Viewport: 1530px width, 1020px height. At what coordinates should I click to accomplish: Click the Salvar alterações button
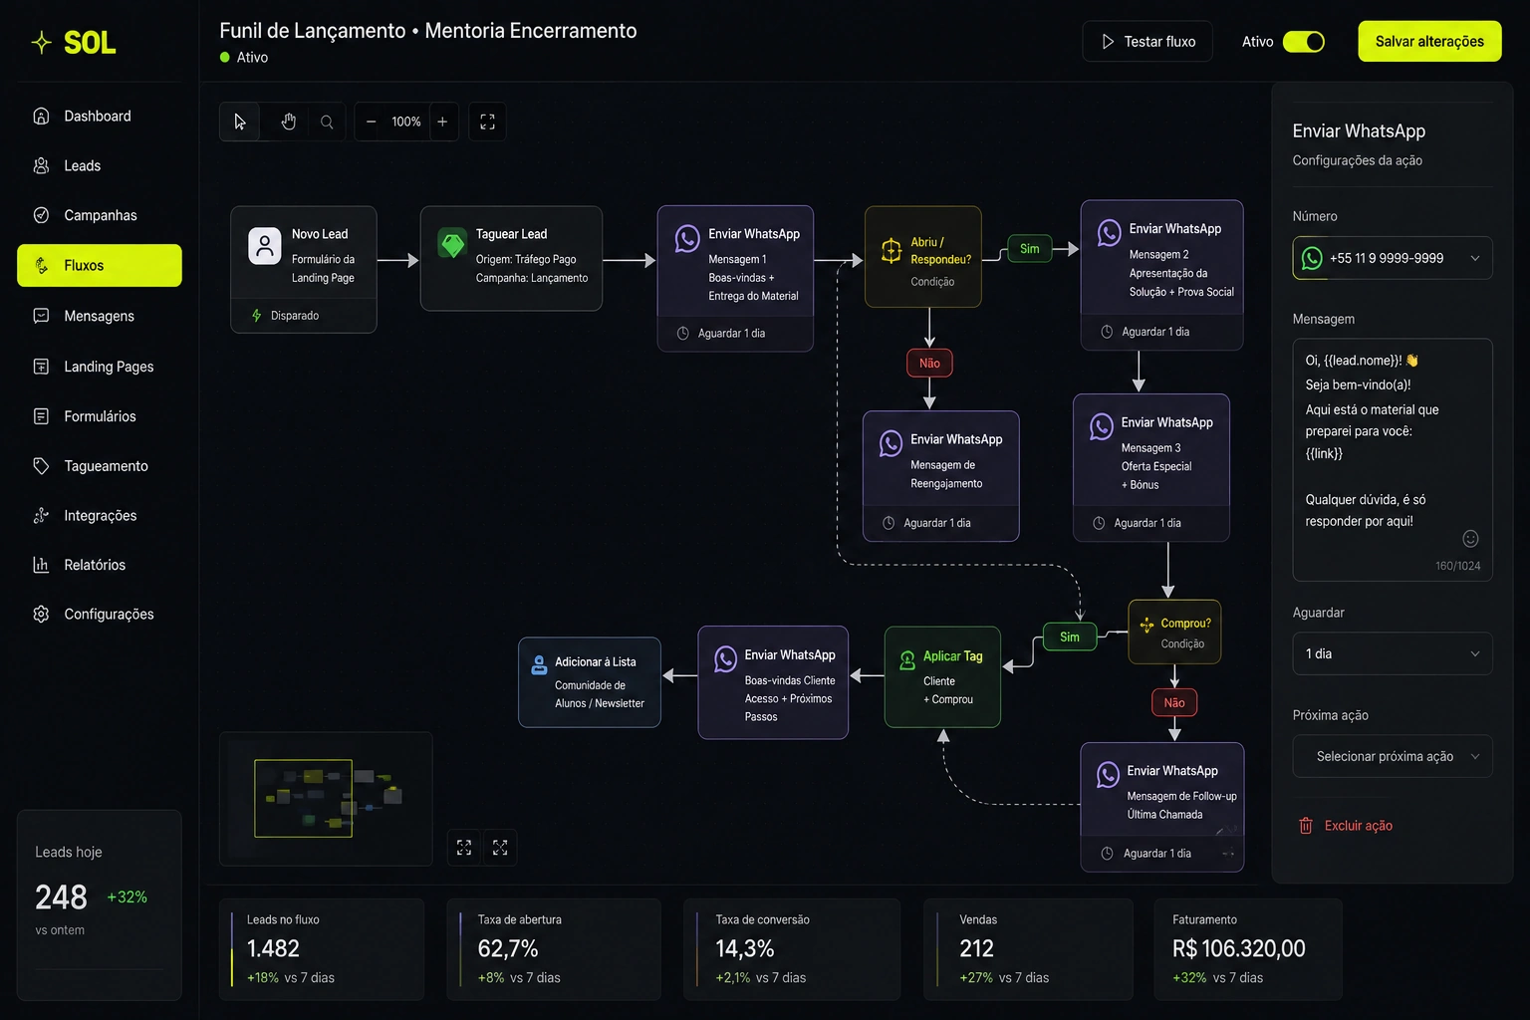(x=1429, y=41)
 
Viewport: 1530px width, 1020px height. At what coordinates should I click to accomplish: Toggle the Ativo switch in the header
(x=1303, y=42)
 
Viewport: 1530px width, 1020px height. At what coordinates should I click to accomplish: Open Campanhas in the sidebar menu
(x=100, y=215)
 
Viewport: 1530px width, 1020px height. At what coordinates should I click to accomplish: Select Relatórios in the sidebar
(x=95, y=565)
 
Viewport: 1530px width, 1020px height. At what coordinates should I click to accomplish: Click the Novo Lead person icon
(x=264, y=246)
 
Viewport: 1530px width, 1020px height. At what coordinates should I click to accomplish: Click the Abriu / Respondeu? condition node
(x=922, y=257)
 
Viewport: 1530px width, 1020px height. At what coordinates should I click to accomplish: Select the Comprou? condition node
(x=1174, y=632)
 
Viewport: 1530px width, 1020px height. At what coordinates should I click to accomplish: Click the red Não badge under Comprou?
(x=1174, y=702)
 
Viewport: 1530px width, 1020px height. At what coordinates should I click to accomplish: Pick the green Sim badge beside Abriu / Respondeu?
(x=1029, y=249)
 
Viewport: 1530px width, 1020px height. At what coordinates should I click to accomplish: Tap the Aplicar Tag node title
(x=953, y=655)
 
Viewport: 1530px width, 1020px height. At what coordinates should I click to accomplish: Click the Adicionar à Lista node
(x=590, y=681)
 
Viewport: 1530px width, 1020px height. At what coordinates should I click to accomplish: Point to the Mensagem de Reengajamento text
(x=946, y=474)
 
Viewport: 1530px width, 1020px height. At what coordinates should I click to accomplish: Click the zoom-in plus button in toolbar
(x=442, y=122)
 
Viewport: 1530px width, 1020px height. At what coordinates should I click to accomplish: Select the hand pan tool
(x=288, y=122)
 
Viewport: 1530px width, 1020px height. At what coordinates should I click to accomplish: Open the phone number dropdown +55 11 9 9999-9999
(x=1392, y=258)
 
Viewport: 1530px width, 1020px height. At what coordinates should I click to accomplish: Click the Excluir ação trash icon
(x=1305, y=826)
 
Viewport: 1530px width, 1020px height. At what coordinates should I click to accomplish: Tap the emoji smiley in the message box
(x=1470, y=539)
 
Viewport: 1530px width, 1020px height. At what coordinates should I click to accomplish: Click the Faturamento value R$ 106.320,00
(x=1238, y=948)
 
